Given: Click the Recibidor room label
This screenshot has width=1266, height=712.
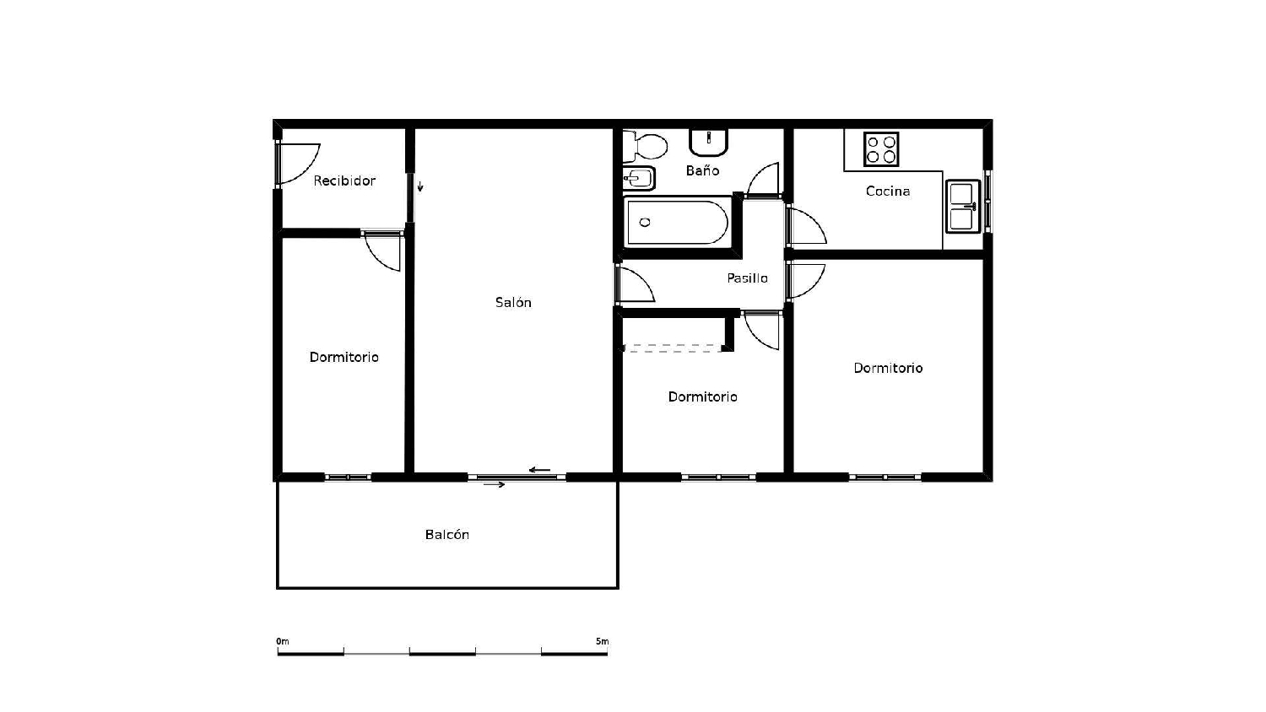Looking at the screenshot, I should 344,181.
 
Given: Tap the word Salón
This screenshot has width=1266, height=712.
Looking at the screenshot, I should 513,302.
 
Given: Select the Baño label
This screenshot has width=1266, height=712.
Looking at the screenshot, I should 702,170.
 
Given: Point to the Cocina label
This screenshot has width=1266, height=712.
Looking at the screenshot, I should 888,191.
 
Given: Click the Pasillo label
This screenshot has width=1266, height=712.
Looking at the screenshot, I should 747,278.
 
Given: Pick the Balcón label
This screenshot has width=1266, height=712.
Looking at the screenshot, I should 446,535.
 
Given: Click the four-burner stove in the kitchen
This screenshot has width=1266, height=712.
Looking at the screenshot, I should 881,149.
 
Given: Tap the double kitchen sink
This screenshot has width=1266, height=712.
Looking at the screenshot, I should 962,206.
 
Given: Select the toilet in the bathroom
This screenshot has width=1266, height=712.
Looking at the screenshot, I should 647,147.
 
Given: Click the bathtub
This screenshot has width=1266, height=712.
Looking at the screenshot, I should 677,222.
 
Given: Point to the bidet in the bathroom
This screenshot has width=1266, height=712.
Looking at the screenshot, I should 639,178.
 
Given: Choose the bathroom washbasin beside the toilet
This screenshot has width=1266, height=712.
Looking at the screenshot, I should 709,142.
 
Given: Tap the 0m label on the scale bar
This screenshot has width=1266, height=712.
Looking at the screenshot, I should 283,642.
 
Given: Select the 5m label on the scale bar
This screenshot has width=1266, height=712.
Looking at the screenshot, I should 602,642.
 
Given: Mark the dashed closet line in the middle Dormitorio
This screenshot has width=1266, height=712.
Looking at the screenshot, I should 673,347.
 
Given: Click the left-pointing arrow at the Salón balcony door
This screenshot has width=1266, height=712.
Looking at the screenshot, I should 539,470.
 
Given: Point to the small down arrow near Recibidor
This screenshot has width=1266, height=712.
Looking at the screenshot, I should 419,186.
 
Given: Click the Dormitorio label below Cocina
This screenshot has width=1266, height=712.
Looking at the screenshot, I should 888,368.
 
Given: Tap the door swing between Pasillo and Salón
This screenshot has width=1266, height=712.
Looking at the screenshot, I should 635,284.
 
